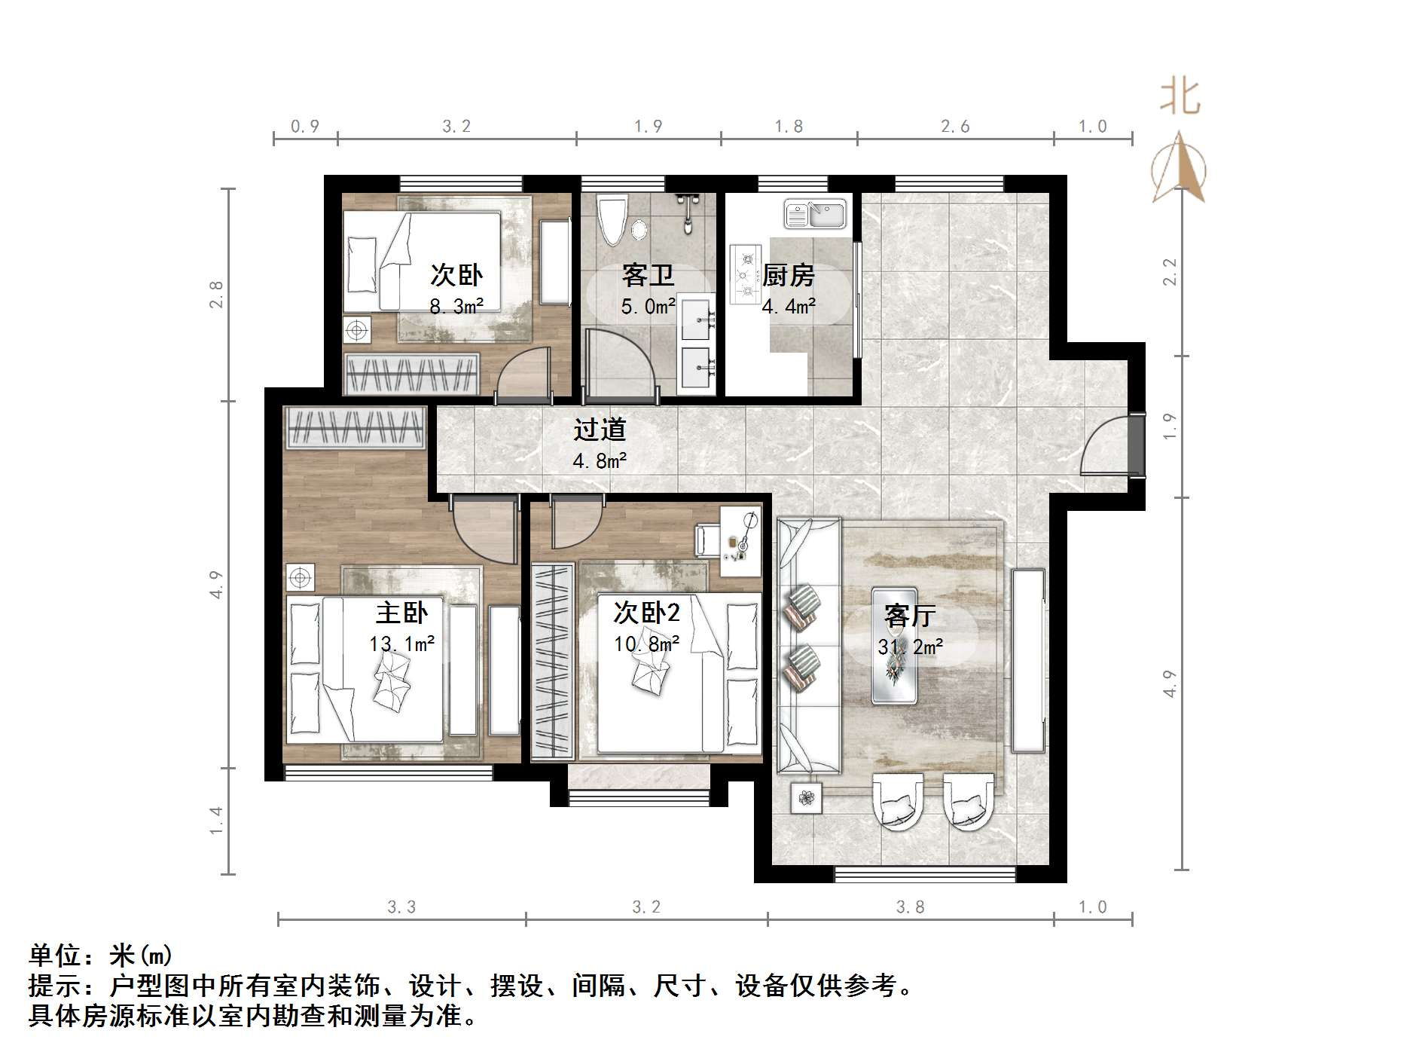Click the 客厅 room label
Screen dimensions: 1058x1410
tap(910, 616)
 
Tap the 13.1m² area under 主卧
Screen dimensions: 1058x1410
tap(401, 644)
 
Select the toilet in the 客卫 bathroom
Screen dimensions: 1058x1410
tap(611, 219)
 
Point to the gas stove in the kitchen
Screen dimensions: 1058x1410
tap(746, 274)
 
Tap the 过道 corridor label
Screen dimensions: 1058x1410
tap(600, 430)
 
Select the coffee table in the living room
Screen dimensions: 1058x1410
tap(895, 645)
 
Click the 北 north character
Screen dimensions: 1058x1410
tap(1180, 98)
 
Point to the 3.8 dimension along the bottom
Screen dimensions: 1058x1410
tap(910, 907)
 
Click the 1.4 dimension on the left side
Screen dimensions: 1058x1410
tap(216, 821)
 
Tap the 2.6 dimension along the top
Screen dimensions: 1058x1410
tap(955, 127)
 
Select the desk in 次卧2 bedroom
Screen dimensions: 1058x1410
tap(740, 540)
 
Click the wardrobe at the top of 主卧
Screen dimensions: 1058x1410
tap(355, 428)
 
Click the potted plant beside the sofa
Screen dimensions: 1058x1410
tap(807, 798)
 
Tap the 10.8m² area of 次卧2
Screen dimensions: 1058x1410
tap(647, 643)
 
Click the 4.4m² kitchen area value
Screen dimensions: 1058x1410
tap(789, 307)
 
